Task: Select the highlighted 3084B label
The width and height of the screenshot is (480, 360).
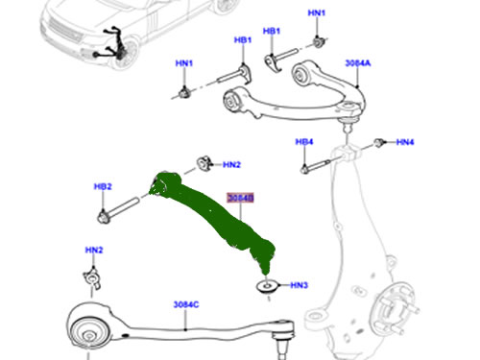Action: point(240,199)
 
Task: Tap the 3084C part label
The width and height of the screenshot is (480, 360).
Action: point(186,305)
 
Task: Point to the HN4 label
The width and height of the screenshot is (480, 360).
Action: point(406,143)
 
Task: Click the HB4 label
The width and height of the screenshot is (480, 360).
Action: point(304,143)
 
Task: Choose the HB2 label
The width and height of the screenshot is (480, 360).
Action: point(103,186)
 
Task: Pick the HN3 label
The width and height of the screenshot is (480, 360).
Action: point(300,285)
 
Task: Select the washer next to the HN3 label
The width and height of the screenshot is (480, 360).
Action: point(264,285)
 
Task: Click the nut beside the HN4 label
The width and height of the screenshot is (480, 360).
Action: point(379,144)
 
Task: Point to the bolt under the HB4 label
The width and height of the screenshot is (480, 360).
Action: point(307,167)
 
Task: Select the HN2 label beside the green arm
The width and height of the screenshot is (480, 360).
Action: point(231,165)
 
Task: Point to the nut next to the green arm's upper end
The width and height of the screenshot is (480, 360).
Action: point(204,160)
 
